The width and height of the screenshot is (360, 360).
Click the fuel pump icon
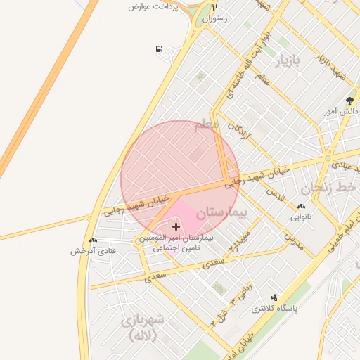(x=159, y=49)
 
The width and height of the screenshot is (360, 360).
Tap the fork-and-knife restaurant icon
(x=215, y=8)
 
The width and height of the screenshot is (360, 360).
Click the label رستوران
(x=215, y=19)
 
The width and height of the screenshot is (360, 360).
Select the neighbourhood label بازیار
(x=290, y=61)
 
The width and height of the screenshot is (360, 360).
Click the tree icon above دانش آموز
(x=350, y=101)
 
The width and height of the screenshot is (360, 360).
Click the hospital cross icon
(x=175, y=226)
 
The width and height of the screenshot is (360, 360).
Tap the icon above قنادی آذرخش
(x=93, y=240)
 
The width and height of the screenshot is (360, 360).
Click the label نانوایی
(x=302, y=217)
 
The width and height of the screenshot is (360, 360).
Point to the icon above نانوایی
(x=302, y=207)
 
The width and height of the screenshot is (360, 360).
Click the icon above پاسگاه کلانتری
(x=274, y=298)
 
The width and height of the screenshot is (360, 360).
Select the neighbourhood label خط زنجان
(x=330, y=188)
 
